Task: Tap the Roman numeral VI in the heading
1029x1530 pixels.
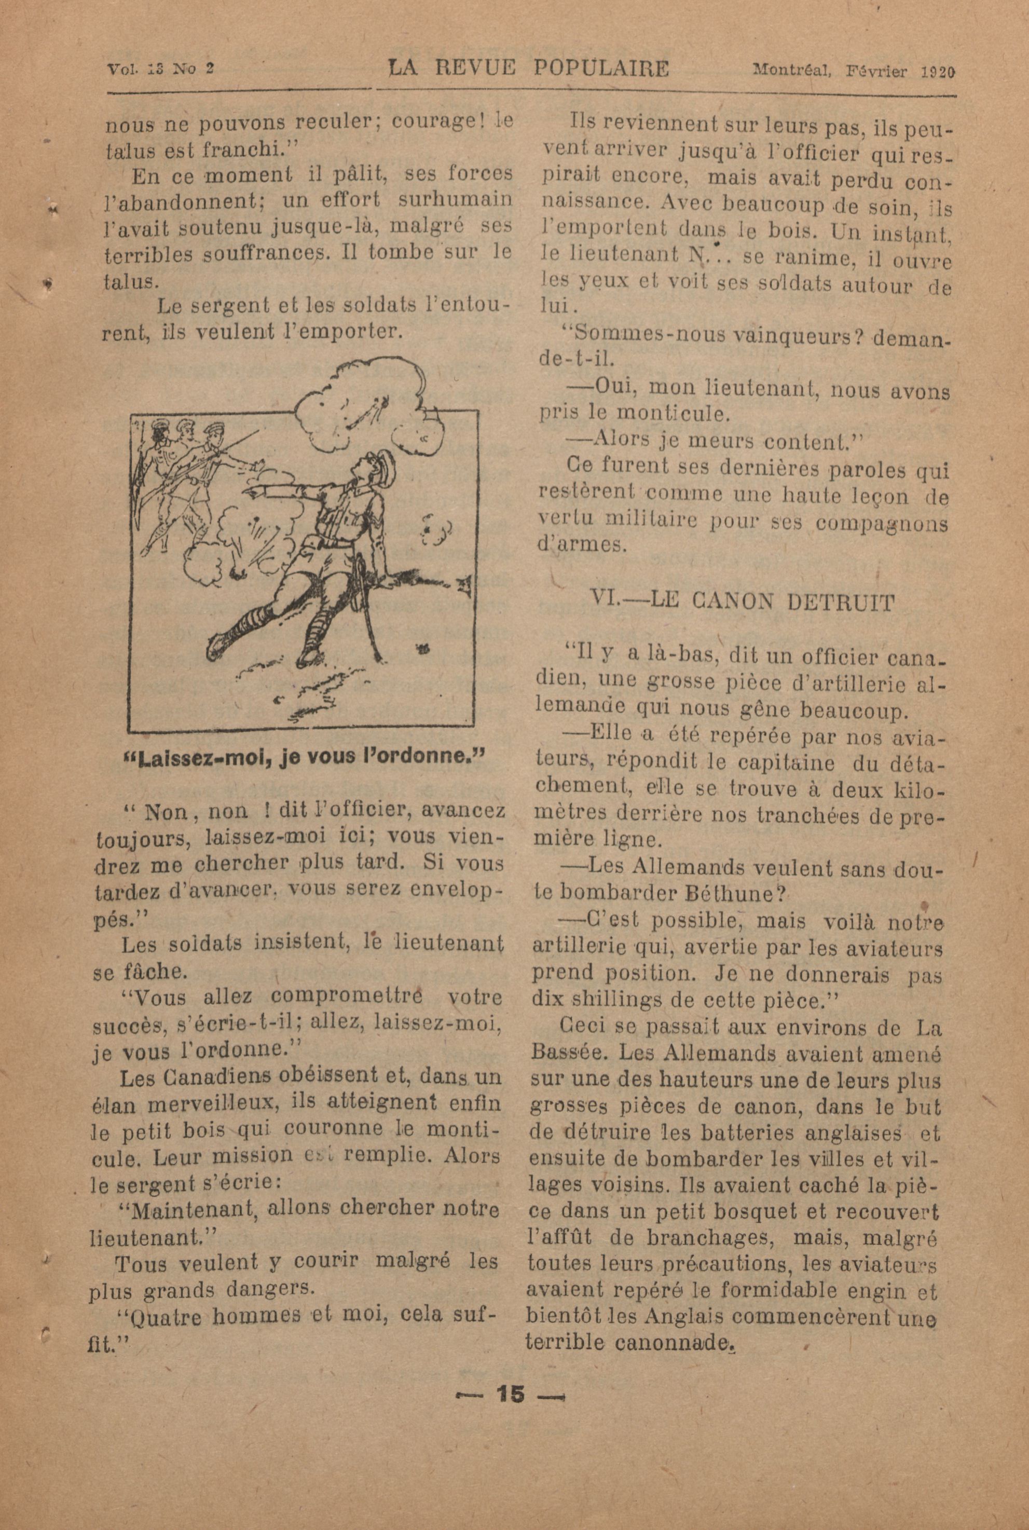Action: tap(602, 601)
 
